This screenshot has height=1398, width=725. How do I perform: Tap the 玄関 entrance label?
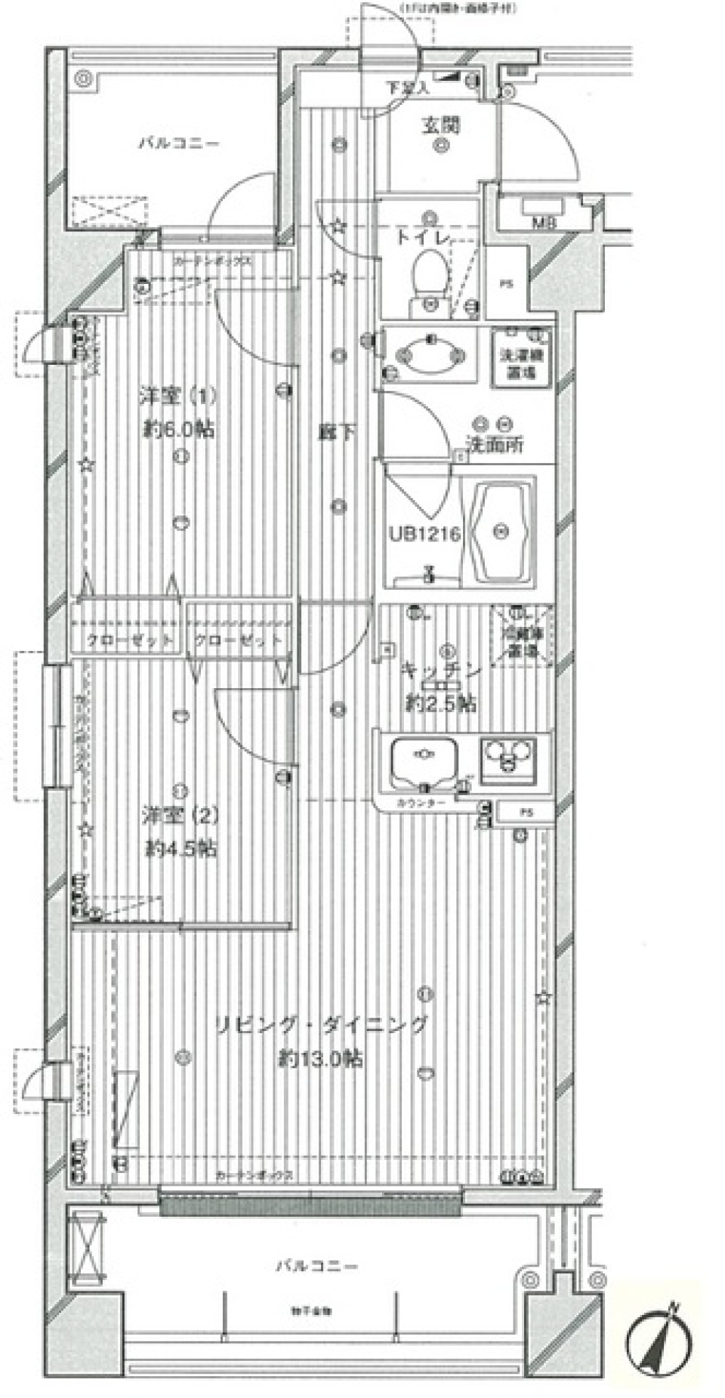click(440, 125)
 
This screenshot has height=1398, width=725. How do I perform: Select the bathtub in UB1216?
click(501, 532)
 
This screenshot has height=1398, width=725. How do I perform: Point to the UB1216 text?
click(424, 534)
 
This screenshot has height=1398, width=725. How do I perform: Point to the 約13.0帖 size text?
click(320, 1059)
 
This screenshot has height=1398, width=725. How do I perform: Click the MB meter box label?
click(541, 222)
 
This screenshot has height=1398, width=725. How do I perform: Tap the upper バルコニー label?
click(178, 143)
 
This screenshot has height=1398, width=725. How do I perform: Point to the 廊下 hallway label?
click(336, 433)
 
